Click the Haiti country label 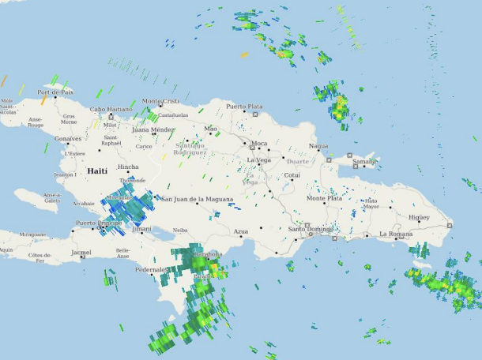(x=97, y=171)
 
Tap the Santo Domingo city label (x=306, y=229)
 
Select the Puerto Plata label (x=244, y=106)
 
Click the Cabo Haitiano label (x=111, y=109)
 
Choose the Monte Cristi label (x=160, y=101)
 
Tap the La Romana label (x=396, y=234)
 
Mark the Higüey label (x=419, y=217)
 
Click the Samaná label (x=364, y=161)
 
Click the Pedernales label (x=149, y=269)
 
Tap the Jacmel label (x=81, y=253)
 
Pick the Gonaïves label (x=68, y=138)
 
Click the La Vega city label (x=258, y=160)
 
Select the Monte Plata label (x=324, y=199)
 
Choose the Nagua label (x=318, y=145)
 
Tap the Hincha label (x=128, y=167)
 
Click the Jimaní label (x=142, y=229)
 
